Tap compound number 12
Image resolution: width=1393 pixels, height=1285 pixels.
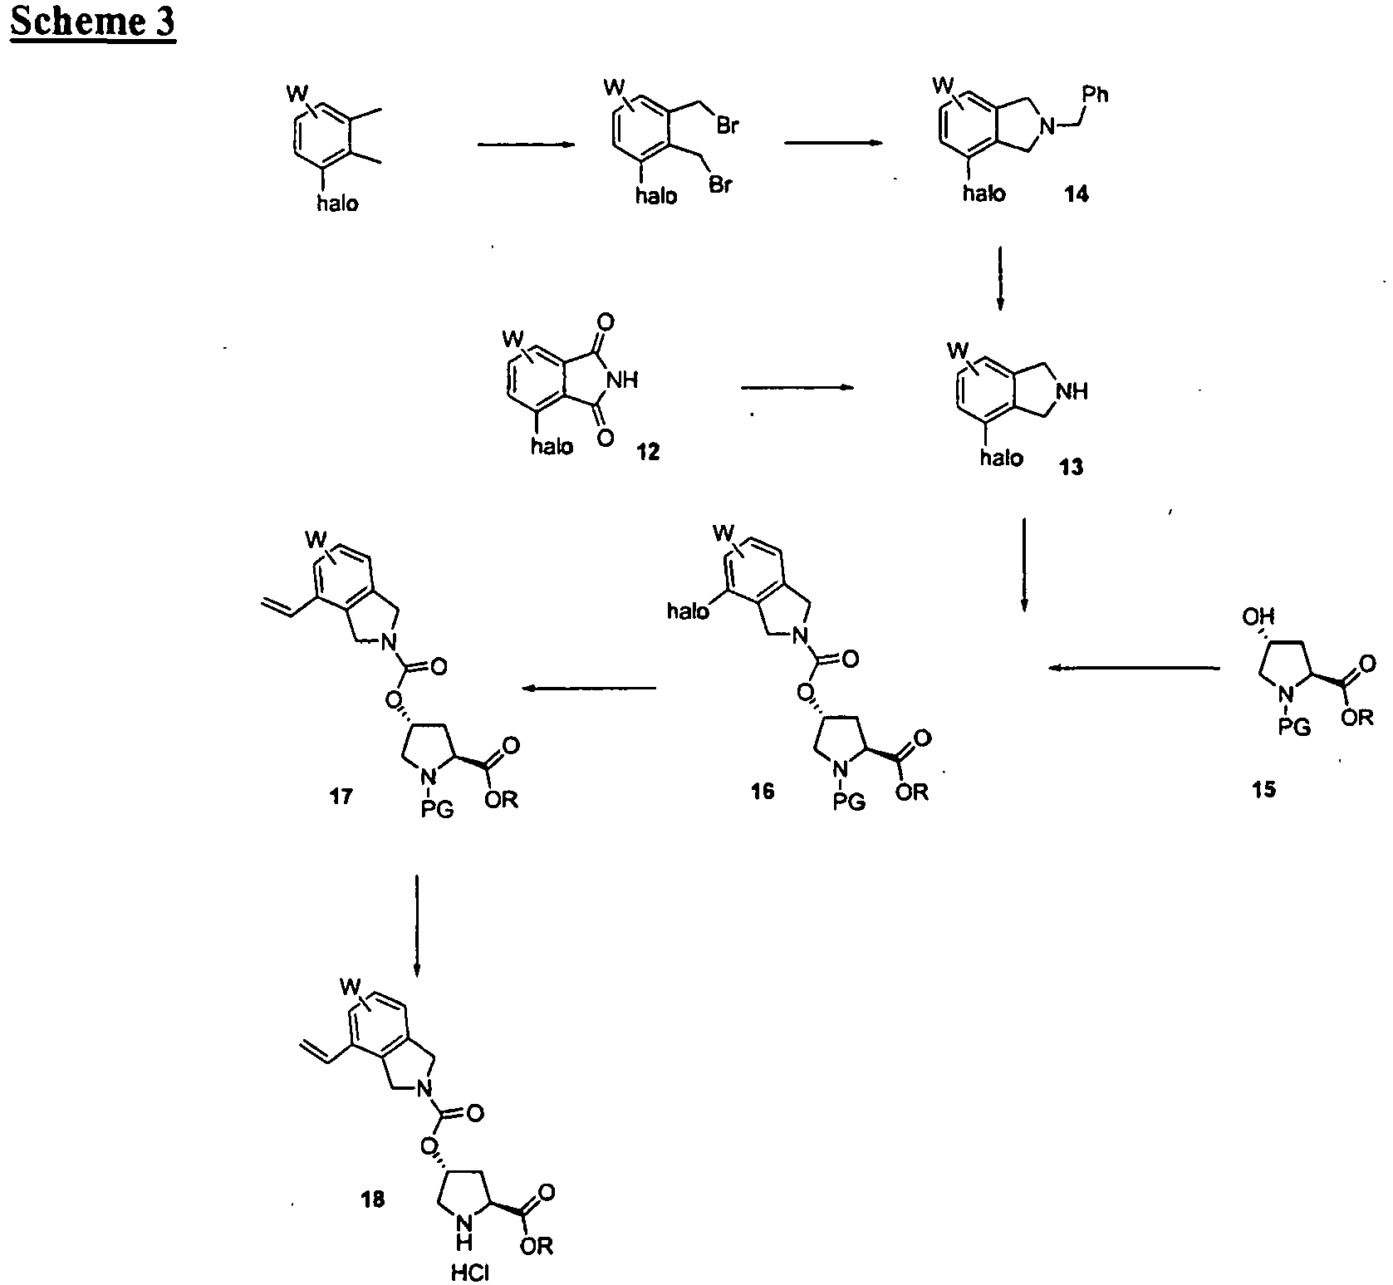pos(647,453)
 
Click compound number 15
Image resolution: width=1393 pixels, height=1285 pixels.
pos(1265,790)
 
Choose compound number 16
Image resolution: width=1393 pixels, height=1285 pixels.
pos(762,791)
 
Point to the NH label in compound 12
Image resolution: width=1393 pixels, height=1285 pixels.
pos(623,380)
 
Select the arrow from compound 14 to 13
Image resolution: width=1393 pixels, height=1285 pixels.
pos(1000,278)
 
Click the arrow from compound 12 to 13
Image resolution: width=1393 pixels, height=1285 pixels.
pos(797,387)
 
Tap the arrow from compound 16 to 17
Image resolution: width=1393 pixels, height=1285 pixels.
pos(588,688)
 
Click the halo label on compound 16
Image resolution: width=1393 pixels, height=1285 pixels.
pos(689,612)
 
